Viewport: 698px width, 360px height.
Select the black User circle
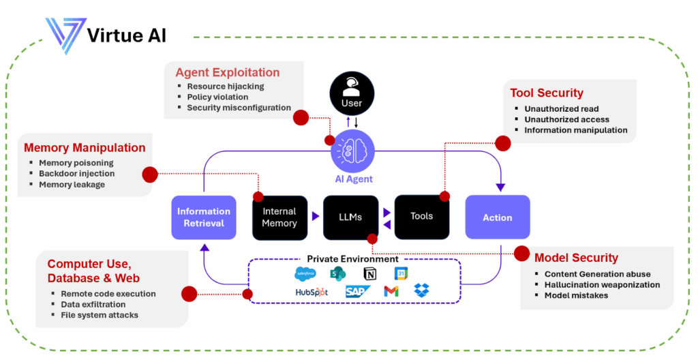point(352,95)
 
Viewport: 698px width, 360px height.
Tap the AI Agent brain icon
point(352,153)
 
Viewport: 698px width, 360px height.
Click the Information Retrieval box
point(204,217)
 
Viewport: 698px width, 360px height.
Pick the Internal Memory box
point(279,217)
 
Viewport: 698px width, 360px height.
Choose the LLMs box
point(351,217)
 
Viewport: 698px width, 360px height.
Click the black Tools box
point(421,216)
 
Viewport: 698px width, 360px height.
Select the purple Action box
point(498,217)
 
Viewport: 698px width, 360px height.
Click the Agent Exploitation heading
point(228,72)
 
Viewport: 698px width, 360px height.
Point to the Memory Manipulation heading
point(85,147)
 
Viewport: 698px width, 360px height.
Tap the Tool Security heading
point(547,93)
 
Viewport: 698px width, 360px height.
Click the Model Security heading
point(576,258)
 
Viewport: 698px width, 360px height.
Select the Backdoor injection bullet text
point(77,174)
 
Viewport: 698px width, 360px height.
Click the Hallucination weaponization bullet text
point(602,284)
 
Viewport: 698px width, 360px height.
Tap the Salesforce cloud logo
point(305,274)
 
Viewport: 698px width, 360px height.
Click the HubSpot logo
point(312,292)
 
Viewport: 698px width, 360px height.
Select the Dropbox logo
point(422,291)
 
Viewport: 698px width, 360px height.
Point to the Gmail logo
point(391,291)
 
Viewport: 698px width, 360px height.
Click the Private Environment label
point(352,259)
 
